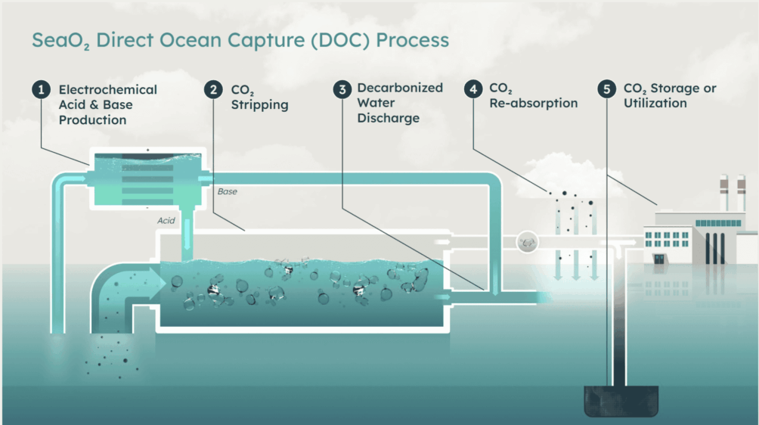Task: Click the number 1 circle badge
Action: (x=39, y=89)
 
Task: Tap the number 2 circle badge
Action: (x=213, y=89)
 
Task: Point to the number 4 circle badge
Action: (x=473, y=89)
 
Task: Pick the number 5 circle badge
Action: (x=606, y=89)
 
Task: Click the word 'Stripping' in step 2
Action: (x=259, y=105)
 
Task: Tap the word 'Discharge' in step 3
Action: (x=388, y=118)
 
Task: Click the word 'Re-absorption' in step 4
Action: (x=533, y=104)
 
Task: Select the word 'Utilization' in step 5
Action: (x=655, y=104)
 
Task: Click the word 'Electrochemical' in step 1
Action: (x=108, y=89)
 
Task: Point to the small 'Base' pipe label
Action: (x=227, y=192)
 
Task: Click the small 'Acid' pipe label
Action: (x=166, y=221)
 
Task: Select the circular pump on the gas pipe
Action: (x=527, y=242)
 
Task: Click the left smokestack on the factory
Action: (x=722, y=194)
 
